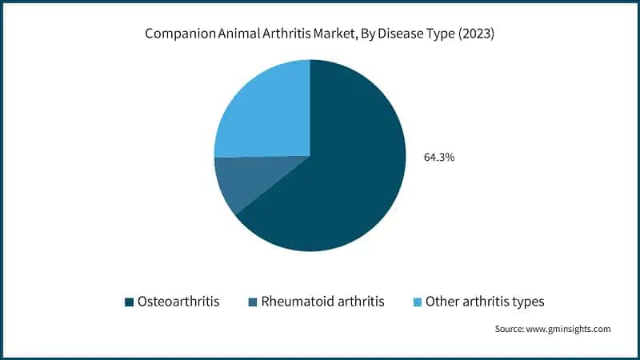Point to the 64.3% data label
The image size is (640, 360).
tap(439, 158)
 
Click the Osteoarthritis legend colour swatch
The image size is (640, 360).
tap(129, 302)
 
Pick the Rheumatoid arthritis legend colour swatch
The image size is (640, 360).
tap(254, 302)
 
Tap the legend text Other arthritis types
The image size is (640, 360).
tap(486, 302)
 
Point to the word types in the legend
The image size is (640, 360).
tap(530, 302)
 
